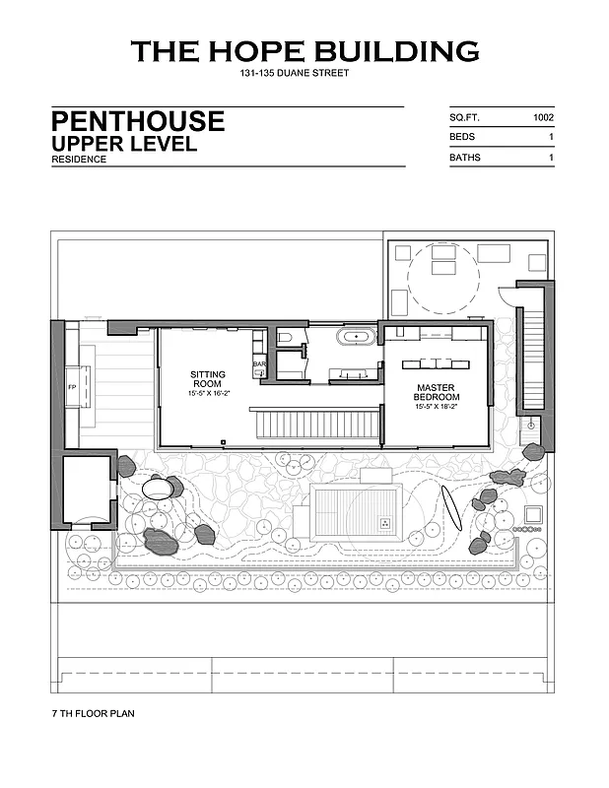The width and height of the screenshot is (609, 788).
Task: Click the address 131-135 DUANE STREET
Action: [x=294, y=74]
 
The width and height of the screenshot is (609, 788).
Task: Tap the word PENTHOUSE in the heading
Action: [x=138, y=122]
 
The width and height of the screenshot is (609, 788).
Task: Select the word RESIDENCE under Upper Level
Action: [x=79, y=160]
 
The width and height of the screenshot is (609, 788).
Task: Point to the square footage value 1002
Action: [x=543, y=117]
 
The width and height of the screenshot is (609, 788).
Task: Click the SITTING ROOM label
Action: [x=208, y=379]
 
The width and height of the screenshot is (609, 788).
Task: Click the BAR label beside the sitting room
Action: [x=259, y=364]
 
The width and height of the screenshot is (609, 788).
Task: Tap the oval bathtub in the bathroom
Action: [x=357, y=337]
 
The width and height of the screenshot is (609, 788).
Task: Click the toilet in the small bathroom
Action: [x=284, y=338]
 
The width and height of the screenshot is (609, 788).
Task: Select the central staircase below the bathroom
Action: [x=315, y=426]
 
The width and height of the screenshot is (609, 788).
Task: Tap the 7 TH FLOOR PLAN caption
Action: [x=93, y=711]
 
